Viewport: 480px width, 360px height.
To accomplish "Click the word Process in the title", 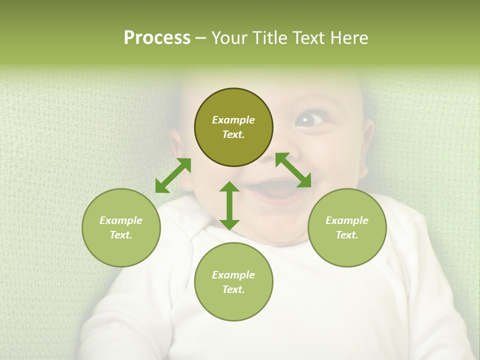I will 157,38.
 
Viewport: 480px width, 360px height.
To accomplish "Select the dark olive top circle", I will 233,127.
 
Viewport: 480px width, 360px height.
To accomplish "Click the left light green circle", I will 121,227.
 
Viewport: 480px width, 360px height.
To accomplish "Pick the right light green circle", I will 347,227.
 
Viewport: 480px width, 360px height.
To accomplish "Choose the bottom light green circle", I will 233,282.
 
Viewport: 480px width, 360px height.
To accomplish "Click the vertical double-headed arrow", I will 229,205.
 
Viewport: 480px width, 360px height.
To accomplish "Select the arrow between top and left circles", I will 173,175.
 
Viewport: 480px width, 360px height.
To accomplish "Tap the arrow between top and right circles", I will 293,170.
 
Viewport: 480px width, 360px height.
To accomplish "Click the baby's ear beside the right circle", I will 367,145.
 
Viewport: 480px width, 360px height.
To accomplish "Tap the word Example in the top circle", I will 233,120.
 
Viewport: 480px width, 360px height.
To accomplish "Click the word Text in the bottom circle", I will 233,289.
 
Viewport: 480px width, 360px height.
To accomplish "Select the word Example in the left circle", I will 121,220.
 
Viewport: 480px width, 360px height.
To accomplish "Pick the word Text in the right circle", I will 347,235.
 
